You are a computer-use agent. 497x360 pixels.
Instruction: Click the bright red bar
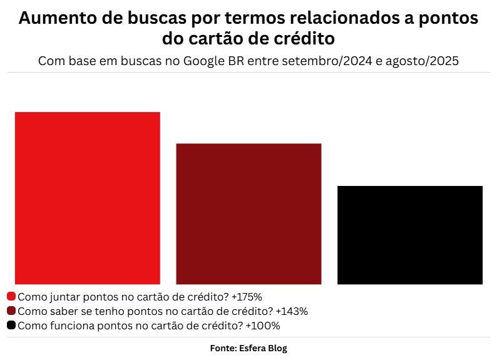tap(87, 198)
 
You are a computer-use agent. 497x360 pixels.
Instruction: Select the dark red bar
tap(248, 213)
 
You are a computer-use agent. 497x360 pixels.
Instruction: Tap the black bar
tap(410, 235)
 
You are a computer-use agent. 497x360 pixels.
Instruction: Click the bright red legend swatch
tap(11, 296)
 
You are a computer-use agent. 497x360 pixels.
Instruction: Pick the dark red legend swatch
tap(11, 311)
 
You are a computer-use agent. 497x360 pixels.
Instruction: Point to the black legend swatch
tap(11, 326)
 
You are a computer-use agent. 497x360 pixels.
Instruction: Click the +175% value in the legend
tap(247, 296)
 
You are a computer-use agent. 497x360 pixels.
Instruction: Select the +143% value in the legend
tap(292, 311)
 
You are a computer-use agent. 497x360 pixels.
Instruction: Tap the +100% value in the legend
tap(263, 326)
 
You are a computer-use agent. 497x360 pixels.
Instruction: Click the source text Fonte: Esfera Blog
tap(248, 348)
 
